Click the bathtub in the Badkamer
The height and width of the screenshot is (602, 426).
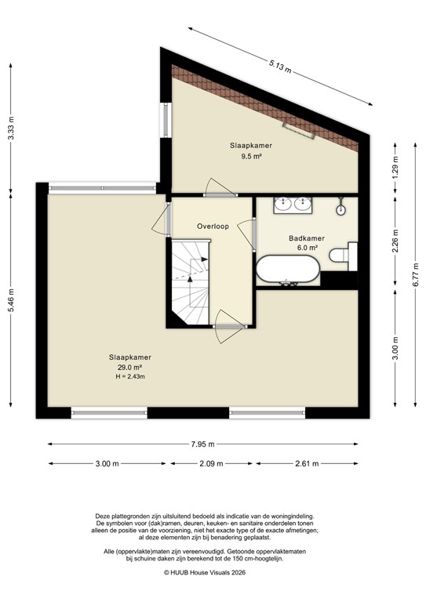tap(288, 270)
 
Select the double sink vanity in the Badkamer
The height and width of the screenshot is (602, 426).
tap(293, 205)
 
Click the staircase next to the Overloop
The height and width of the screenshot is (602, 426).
tap(190, 282)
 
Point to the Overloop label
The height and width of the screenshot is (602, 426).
tap(213, 227)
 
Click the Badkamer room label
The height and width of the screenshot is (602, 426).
tap(303, 238)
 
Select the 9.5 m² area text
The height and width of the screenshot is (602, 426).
tap(246, 156)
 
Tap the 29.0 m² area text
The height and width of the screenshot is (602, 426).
tap(130, 367)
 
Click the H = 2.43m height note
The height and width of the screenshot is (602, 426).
tap(130, 376)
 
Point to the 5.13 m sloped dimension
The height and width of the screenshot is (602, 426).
tap(280, 67)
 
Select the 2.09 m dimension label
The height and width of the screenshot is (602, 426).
tap(209, 464)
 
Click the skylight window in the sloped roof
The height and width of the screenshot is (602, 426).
tap(301, 129)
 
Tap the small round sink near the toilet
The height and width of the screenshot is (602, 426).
tap(341, 209)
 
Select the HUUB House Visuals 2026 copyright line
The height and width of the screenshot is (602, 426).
tap(212, 573)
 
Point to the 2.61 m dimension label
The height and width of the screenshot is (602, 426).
tap(305, 464)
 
